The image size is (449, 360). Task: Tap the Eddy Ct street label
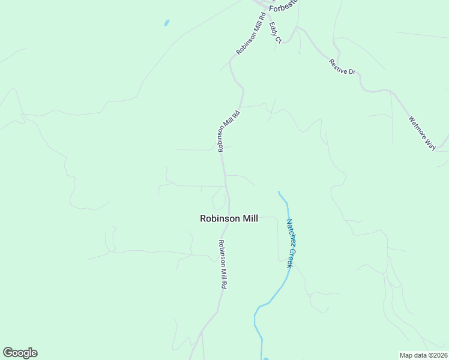tap(276, 32)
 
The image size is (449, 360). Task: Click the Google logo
tap(20, 353)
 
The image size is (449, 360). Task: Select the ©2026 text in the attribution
tap(436, 355)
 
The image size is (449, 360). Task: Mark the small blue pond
tap(166, 23)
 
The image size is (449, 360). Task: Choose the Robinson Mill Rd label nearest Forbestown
tap(250, 35)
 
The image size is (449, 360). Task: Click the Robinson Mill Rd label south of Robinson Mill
tap(221, 265)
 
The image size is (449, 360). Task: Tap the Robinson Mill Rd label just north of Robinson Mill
tap(229, 130)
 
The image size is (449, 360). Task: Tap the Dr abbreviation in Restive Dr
tap(352, 72)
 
